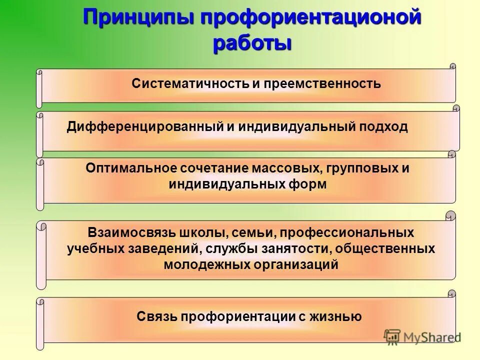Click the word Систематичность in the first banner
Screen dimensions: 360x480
[189, 83]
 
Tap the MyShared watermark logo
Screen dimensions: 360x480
[422, 336]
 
